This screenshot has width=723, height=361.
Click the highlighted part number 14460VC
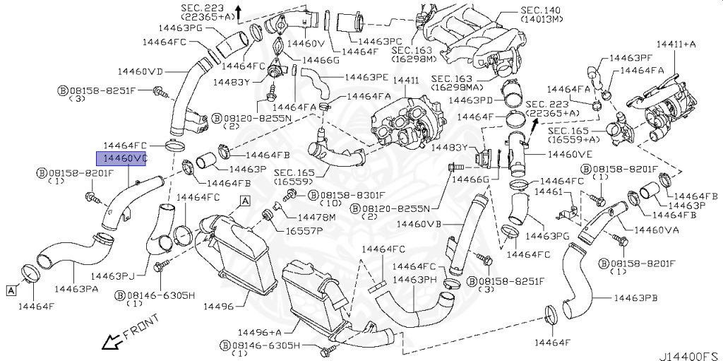(x=121, y=159)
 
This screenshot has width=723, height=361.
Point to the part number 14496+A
(x=259, y=332)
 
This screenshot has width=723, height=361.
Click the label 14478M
(x=316, y=216)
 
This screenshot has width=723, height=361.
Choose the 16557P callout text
(x=304, y=230)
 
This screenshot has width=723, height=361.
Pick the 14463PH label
(x=417, y=280)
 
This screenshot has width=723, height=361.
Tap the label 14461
(x=548, y=192)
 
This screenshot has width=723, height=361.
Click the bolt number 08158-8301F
(x=352, y=195)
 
